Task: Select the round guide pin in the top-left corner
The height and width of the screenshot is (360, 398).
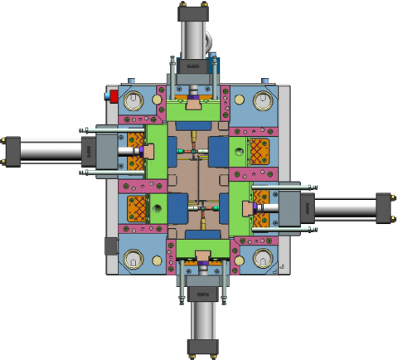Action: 133,102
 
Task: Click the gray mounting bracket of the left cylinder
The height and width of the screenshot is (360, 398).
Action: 104,150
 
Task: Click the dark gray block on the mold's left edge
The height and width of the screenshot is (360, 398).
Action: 111,246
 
